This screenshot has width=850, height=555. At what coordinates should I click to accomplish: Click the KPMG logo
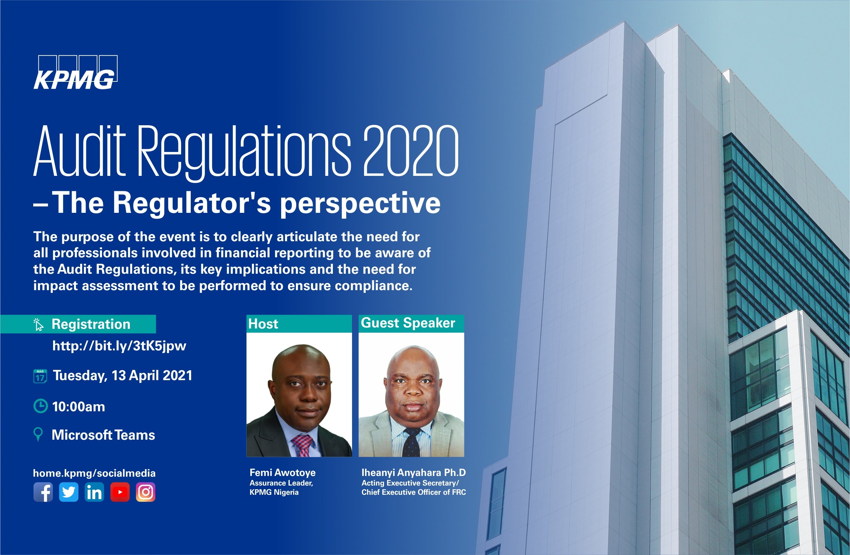(75, 73)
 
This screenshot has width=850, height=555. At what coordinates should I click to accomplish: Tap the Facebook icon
(43, 492)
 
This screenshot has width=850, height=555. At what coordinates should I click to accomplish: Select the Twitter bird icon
(68, 492)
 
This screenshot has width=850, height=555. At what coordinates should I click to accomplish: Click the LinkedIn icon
(94, 492)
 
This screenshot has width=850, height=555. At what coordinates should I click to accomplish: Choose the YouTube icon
(120, 492)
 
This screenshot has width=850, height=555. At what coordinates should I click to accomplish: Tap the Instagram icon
(146, 492)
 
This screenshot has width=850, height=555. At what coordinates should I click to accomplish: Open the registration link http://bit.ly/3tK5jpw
(119, 346)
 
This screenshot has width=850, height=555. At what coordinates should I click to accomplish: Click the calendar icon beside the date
(40, 376)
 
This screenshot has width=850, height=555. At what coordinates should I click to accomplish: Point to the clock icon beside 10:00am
(40, 406)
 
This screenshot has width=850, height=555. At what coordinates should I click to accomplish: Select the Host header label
(263, 324)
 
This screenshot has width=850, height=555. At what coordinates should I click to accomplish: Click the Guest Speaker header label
(408, 323)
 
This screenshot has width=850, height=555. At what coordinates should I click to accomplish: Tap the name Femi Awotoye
(283, 473)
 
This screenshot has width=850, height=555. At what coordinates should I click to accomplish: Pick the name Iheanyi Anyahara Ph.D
(414, 473)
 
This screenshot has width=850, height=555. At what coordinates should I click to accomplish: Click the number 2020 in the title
(411, 152)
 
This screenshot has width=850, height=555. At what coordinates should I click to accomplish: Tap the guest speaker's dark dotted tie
(411, 442)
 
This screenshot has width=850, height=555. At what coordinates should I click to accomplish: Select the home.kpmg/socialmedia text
(94, 473)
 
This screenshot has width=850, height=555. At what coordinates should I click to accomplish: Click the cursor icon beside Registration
(39, 324)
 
